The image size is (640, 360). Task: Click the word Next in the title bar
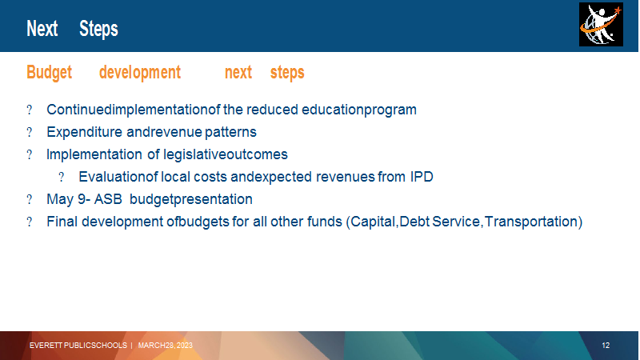(x=42, y=29)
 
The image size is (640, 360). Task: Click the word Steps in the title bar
(x=98, y=29)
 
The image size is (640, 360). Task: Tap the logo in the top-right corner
(x=601, y=25)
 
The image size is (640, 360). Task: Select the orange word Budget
(x=49, y=73)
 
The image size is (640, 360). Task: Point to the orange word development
(x=139, y=73)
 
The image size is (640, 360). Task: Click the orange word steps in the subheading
(x=287, y=73)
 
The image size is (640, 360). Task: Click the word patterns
(x=230, y=132)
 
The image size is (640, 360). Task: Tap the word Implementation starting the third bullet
(x=94, y=154)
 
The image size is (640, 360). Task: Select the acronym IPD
(x=422, y=177)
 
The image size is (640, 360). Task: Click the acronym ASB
(x=108, y=199)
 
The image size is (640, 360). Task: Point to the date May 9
(x=66, y=199)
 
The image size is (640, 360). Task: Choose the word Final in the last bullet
(x=62, y=222)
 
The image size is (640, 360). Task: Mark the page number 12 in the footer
(x=606, y=346)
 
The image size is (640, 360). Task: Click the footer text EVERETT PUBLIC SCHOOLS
(x=78, y=346)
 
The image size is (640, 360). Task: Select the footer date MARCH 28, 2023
(x=166, y=346)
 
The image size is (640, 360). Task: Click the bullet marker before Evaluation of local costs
(x=62, y=177)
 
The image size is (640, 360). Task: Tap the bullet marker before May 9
(x=30, y=199)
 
